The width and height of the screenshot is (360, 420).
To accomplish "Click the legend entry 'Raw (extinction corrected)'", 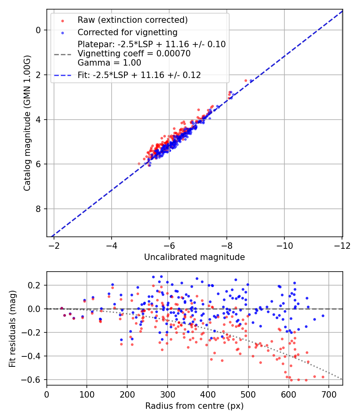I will click(x=132, y=20).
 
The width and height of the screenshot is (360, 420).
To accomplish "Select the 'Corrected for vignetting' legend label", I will click(x=127, y=32).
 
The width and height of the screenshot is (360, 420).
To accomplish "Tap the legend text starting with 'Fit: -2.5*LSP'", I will click(x=139, y=75).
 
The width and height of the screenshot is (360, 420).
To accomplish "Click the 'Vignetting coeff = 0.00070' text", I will click(x=134, y=53).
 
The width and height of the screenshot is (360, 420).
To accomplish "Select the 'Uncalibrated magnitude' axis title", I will click(x=194, y=257).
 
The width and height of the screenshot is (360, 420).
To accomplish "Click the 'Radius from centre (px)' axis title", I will click(x=194, y=406).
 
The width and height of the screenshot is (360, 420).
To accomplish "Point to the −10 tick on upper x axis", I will click(x=284, y=245).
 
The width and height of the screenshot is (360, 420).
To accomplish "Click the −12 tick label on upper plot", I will click(x=342, y=245).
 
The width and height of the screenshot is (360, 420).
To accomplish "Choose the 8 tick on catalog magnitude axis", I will click(x=38, y=209).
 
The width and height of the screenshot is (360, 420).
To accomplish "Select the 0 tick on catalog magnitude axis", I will click(x=38, y=30).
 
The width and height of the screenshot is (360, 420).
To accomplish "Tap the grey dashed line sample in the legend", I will click(x=62, y=54).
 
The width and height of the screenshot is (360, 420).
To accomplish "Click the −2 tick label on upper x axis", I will click(x=54, y=245).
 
